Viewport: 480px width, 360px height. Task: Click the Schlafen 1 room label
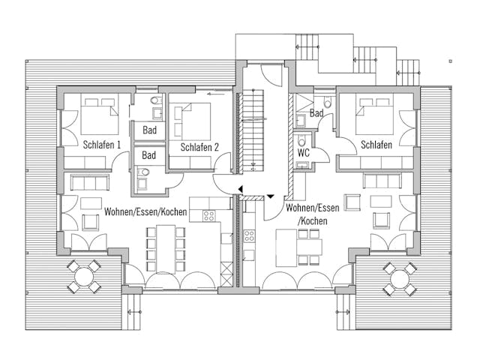coord(103,145)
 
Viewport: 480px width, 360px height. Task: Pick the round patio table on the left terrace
coord(82,276)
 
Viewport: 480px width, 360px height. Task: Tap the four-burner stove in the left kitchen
coord(208,215)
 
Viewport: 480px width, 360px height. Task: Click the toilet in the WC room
coord(301,141)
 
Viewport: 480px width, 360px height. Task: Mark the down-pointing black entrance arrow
coord(269,196)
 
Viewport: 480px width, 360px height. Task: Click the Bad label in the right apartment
coord(316,112)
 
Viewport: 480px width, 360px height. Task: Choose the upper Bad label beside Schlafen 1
coord(148,130)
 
